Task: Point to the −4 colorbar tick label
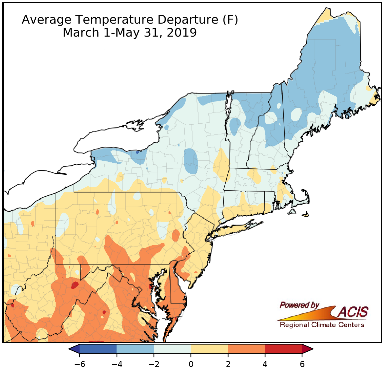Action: pyautogui.click(x=117, y=364)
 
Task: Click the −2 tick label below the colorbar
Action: pyautogui.click(x=154, y=364)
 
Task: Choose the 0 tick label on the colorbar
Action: pyautogui.click(x=191, y=364)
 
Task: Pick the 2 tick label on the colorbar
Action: pyautogui.click(x=228, y=364)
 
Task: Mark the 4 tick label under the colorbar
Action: pyautogui.click(x=265, y=364)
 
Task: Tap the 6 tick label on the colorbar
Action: pyautogui.click(x=302, y=364)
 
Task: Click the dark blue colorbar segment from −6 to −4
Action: pyautogui.click(x=98, y=349)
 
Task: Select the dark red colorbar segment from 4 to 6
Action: pyautogui.click(x=283, y=349)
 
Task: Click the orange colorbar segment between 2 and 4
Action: pyautogui.click(x=246, y=349)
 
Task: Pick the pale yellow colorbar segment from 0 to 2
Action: pyautogui.click(x=209, y=349)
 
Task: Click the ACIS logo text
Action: pyautogui.click(x=353, y=312)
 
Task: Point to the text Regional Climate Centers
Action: pyautogui.click(x=322, y=325)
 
